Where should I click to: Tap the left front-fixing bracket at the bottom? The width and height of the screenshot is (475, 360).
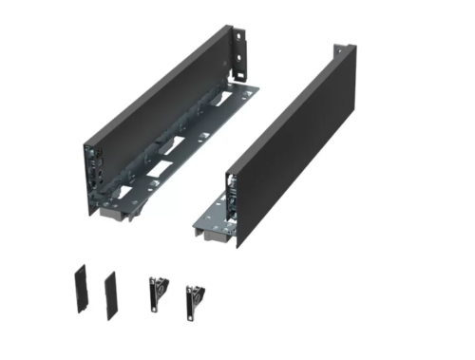(x=157, y=293)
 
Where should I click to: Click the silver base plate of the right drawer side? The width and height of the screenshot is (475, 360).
(x=211, y=226)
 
